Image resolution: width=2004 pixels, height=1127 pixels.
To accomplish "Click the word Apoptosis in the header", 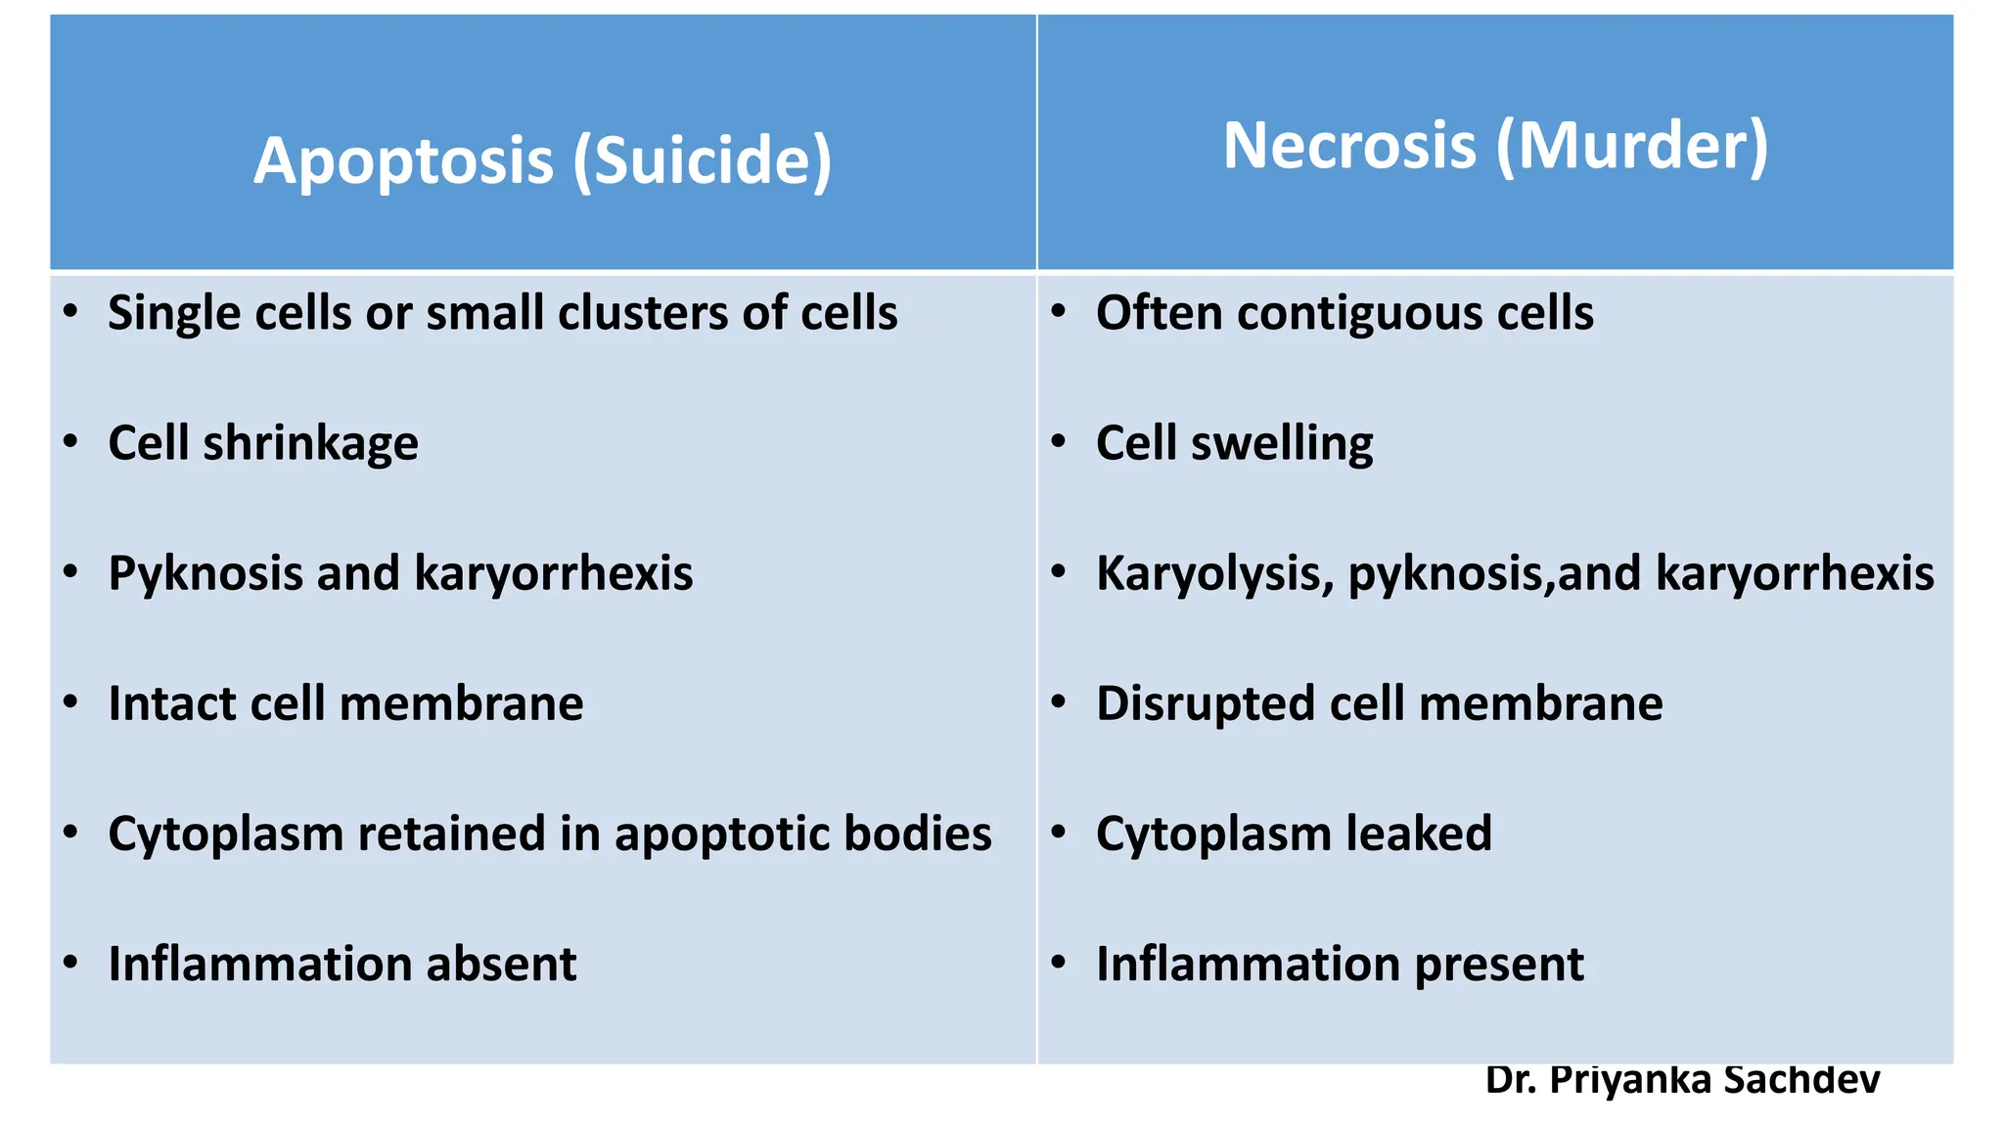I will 403,160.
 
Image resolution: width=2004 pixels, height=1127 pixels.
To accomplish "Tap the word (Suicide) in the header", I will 703,160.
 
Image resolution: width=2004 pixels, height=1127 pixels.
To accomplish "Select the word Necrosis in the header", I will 1349,146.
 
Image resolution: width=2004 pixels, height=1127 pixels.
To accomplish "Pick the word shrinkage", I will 311,444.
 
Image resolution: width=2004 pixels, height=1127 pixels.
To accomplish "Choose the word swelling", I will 1282,444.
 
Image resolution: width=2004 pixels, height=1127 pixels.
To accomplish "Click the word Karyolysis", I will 1214,574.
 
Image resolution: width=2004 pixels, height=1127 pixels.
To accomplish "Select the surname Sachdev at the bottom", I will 1801,1080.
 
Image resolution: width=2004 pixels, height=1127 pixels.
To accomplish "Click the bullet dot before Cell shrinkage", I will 70,442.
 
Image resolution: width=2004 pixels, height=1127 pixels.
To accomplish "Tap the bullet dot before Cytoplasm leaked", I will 1059,833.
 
